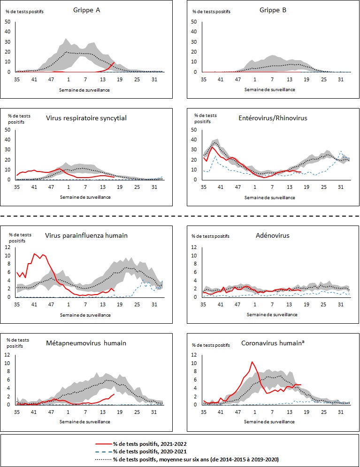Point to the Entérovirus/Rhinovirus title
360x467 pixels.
point(274,118)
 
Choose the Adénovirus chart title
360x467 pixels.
point(274,236)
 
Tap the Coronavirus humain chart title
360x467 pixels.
point(274,343)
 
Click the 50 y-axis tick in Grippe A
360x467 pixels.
point(8,22)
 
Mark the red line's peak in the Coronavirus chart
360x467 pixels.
point(252,362)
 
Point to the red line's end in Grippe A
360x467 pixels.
point(114,62)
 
